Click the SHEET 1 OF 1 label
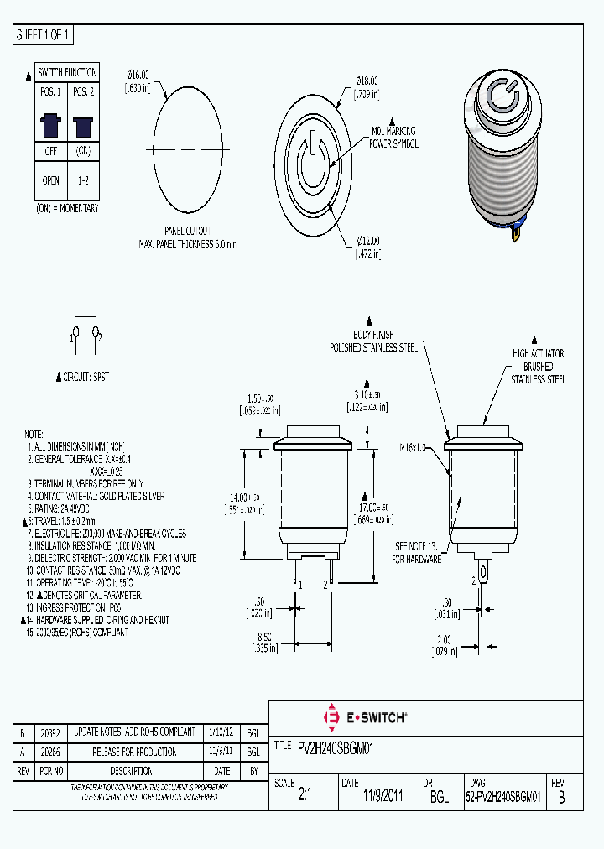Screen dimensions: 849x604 pos(44,35)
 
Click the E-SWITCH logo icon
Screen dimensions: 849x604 pos(330,717)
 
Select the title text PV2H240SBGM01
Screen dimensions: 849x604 pos(336,747)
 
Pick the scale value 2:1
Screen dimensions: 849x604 pos(305,796)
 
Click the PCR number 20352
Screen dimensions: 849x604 pos(52,732)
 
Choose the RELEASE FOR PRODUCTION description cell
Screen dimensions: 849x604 pos(135,752)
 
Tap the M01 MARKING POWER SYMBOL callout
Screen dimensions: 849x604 pos(393,137)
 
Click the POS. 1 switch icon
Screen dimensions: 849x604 pos(50,126)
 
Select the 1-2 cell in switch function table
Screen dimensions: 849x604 pos(83,180)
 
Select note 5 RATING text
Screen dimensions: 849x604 pos(60,508)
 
